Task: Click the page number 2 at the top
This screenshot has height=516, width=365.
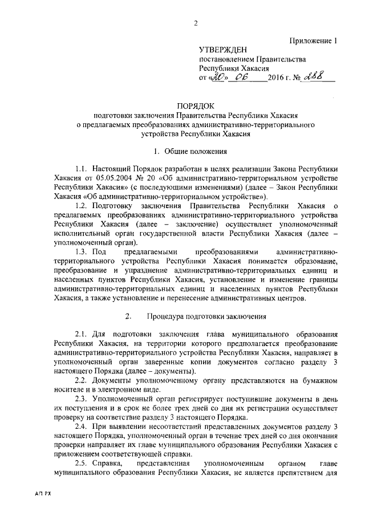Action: [x=196, y=23]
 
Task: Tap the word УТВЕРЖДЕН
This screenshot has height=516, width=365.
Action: [x=222, y=50]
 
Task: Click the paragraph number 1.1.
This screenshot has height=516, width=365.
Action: [x=82, y=169]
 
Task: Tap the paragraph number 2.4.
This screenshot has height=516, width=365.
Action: [x=82, y=425]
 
